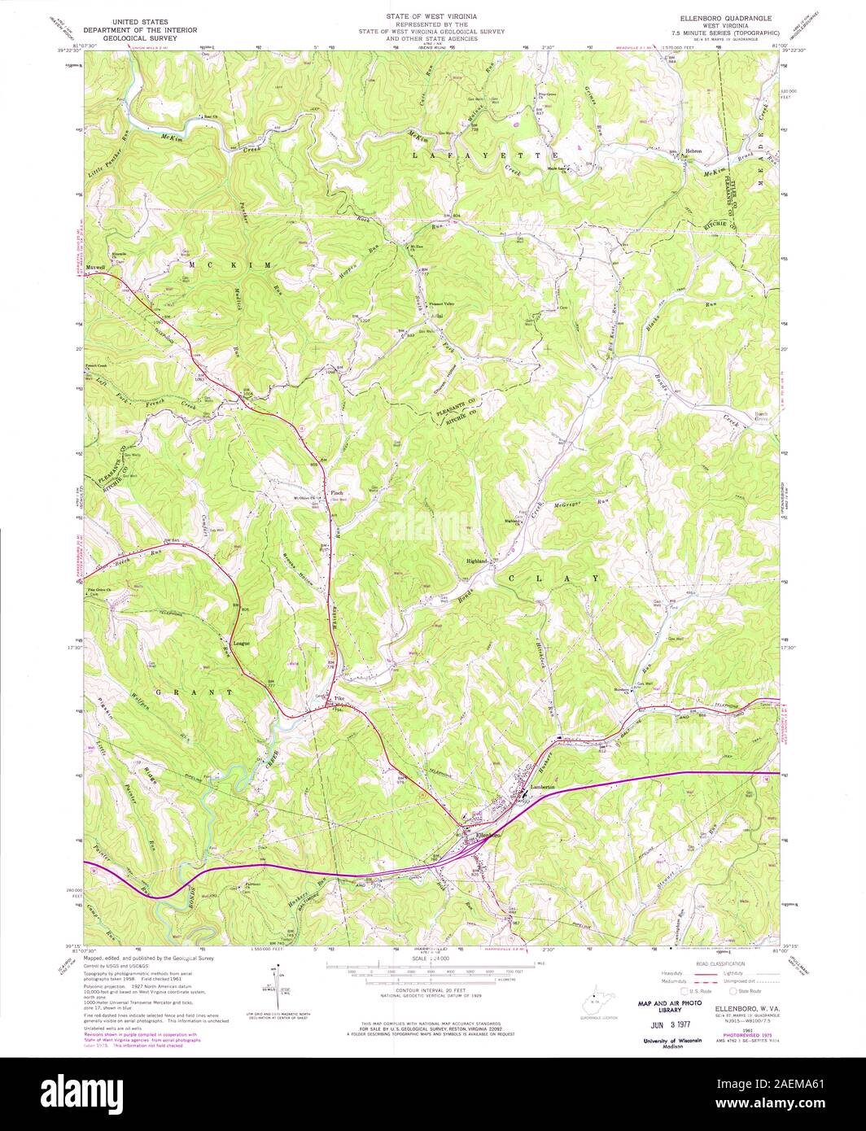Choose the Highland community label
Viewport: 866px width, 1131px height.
coord(476,561)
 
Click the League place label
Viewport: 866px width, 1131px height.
coord(241,643)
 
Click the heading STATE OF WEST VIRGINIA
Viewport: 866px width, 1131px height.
coord(431,16)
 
